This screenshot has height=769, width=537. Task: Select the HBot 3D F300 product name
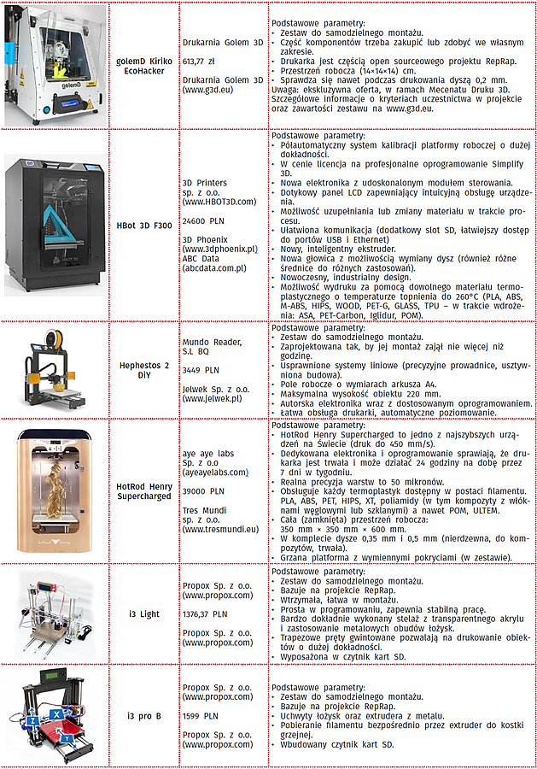(x=144, y=226)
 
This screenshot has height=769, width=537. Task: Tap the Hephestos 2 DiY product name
(x=144, y=368)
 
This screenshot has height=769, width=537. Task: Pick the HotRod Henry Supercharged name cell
(x=144, y=490)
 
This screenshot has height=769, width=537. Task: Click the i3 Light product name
(x=144, y=613)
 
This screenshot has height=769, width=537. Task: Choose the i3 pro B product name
(x=144, y=714)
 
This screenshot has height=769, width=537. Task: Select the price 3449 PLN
(x=200, y=372)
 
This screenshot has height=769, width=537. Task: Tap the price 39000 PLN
(x=203, y=491)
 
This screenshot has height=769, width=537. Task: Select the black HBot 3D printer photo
(x=55, y=224)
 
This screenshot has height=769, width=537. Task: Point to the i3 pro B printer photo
(x=55, y=713)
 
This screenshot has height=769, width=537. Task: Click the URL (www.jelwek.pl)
(x=212, y=398)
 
